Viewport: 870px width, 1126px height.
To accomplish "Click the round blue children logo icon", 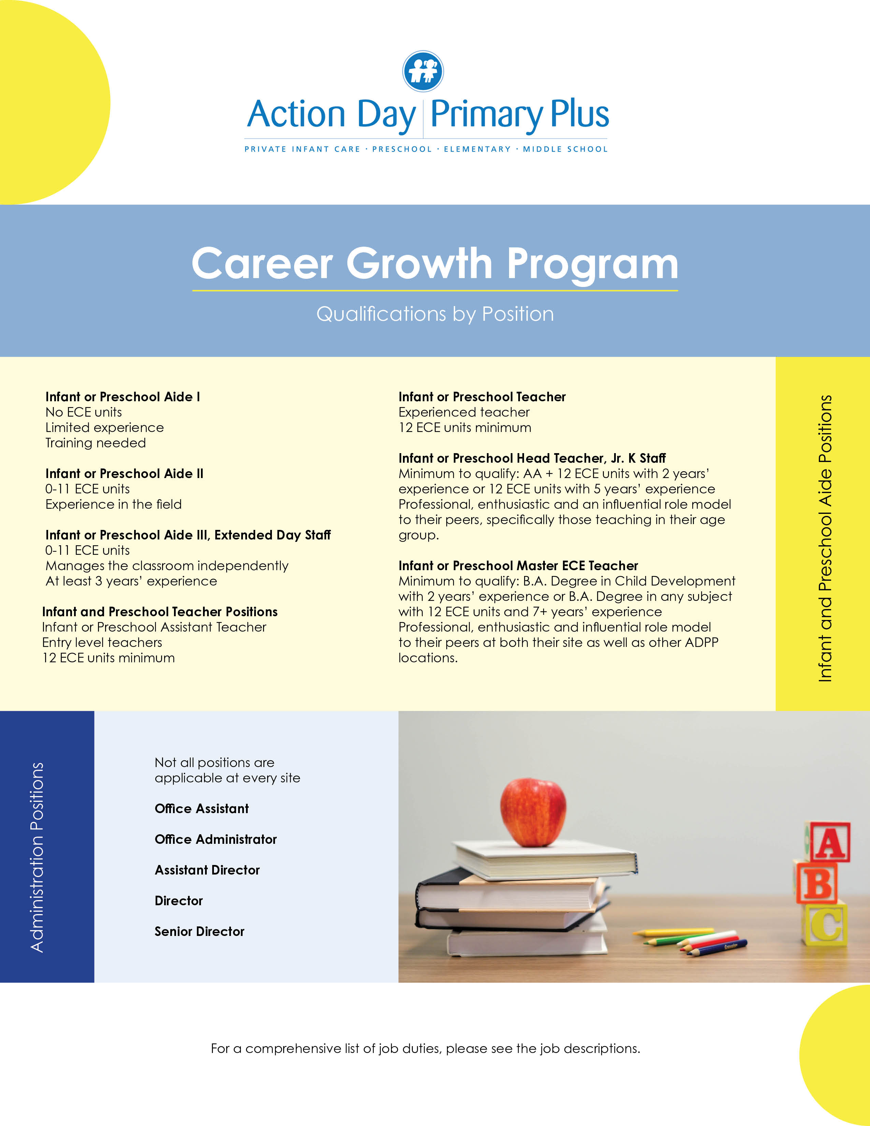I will tap(423, 71).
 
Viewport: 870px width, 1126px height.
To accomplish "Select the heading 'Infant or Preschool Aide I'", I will tap(123, 397).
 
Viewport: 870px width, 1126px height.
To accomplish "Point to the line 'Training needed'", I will tap(95, 443).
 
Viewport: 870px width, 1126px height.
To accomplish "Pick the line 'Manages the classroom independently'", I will tap(166, 566).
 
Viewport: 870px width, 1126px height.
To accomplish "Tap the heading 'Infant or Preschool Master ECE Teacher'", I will tap(518, 566).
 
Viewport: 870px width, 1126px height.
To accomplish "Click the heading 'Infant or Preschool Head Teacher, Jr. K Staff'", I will tap(532, 458).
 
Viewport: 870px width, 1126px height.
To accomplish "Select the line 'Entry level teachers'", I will tap(102, 643).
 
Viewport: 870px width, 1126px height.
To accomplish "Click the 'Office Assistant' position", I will tap(202, 808).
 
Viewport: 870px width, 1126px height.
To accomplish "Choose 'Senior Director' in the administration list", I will tap(200, 931).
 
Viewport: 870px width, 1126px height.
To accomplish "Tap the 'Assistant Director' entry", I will tap(207, 870).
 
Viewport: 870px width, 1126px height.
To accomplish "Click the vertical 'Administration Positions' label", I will tap(37, 857).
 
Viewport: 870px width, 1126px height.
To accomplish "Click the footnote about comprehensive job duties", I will tap(425, 1049).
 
